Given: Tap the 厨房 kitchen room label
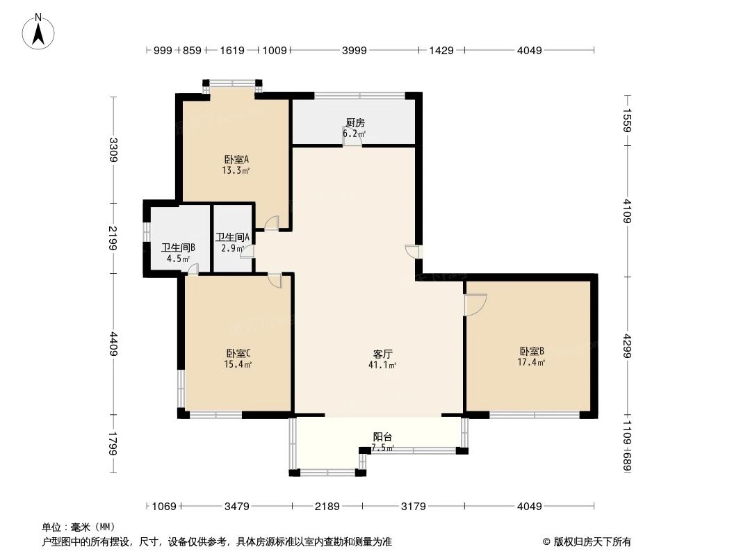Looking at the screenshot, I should (355, 123).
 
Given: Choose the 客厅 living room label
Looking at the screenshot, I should (382, 354).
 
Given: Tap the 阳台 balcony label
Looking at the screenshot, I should (382, 437).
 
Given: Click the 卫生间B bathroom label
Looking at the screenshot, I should (178, 247).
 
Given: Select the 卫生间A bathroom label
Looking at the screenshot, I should (232, 237).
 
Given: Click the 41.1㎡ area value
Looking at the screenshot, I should (382, 365).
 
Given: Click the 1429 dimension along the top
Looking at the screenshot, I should (441, 50).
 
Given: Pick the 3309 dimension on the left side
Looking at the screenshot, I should (113, 149).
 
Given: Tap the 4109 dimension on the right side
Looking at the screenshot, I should (627, 211).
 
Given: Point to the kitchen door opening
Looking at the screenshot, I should (352, 141).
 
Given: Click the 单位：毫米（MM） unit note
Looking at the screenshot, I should (79, 527).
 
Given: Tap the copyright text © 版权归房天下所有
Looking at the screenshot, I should (587, 541).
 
